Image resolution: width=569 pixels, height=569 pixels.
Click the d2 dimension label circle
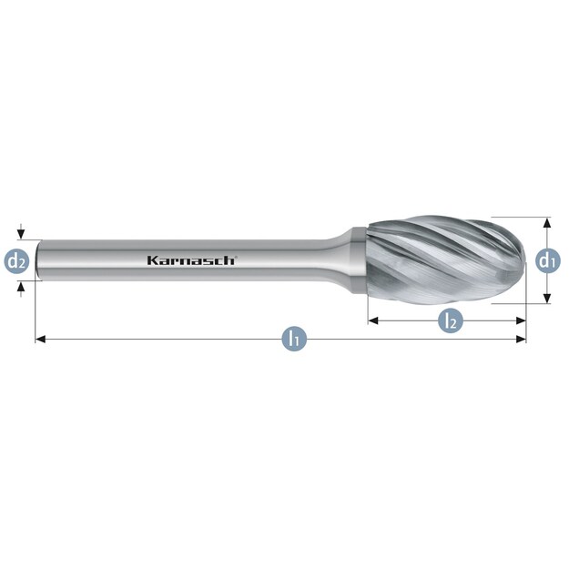16,261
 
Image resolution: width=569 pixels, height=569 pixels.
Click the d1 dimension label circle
548,260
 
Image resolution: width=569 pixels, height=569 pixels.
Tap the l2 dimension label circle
451,320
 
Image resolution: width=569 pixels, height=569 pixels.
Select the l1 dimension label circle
295,339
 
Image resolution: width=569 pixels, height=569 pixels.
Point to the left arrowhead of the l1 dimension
40,339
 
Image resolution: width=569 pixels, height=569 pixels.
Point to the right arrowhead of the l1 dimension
521,339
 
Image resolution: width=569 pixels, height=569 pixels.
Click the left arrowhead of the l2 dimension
373,320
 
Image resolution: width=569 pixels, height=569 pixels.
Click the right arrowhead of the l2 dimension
521,320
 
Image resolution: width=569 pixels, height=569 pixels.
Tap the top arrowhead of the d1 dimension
548,222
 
